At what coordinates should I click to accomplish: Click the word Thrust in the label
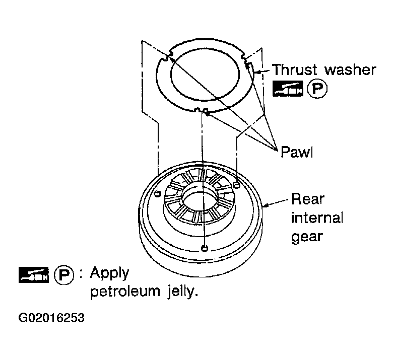(295, 69)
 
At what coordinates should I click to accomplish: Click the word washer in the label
(351, 69)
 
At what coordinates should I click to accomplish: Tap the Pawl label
(296, 152)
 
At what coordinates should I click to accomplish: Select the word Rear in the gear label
(307, 199)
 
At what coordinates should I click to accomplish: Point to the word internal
(317, 218)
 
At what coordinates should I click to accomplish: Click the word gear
(307, 237)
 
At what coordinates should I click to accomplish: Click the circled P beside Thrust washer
(317, 89)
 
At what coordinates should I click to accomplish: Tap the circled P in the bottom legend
(64, 275)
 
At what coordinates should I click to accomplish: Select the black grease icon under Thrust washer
(288, 89)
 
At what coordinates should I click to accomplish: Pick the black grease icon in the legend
(34, 275)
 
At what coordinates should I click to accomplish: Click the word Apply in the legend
(109, 273)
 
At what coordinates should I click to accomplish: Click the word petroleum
(125, 291)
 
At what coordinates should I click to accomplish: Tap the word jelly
(182, 291)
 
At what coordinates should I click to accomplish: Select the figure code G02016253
(51, 318)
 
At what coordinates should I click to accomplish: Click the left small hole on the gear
(158, 194)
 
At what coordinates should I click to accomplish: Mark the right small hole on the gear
(237, 185)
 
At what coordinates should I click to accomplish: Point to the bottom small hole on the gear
(205, 248)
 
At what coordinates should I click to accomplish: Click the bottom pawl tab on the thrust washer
(202, 110)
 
